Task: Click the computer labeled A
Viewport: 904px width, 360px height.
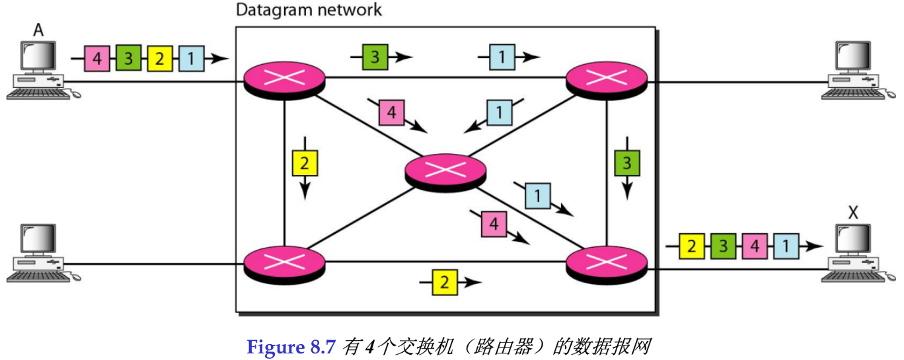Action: pos(37,69)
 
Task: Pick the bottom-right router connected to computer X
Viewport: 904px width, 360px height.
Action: pos(607,263)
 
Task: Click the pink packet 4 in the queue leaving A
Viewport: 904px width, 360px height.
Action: pos(97,58)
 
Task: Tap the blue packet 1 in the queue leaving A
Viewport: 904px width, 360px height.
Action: pos(190,58)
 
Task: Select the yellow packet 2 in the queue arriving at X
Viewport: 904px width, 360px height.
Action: pos(691,246)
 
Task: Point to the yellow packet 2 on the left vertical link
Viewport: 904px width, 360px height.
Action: pos(304,163)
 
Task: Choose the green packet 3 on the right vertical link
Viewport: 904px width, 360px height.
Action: pos(626,162)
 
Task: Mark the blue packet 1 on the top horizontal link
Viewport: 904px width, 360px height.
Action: pos(502,57)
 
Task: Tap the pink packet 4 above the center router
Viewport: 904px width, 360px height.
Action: pos(391,113)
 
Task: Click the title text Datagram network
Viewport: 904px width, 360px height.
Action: pos(309,10)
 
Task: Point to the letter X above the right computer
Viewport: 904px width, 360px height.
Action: pos(853,212)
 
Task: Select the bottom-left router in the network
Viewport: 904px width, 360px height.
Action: pos(284,263)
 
